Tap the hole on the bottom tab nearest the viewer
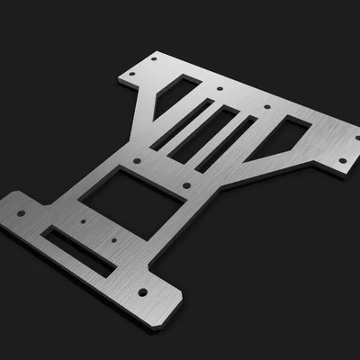click(x=141, y=292)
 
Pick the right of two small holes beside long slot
click(x=115, y=241)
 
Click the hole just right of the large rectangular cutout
click(x=186, y=185)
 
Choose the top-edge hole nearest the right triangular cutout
click(x=267, y=105)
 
